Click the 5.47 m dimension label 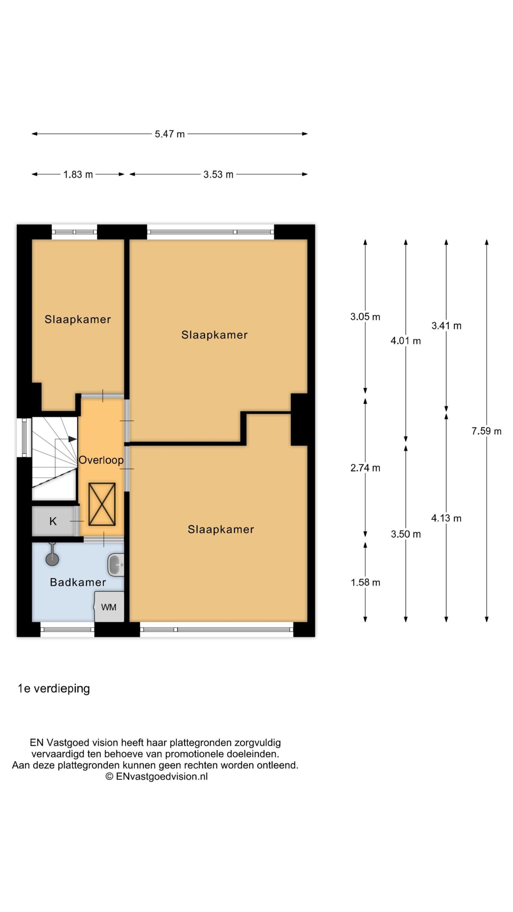pos(170,134)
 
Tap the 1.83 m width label pos(78,175)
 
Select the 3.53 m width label pos(218,175)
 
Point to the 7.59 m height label pos(486,431)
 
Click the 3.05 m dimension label pos(365,317)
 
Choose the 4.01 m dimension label pos(406,341)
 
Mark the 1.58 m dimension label pos(366,582)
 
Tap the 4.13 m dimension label pos(446,518)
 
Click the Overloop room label pos(101,460)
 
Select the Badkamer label pos(78,582)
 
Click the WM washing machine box pos(109,607)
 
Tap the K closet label pos(53,521)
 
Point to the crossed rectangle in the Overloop pos(102,504)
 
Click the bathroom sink pos(116,565)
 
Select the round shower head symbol pos(52,559)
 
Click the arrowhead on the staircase pos(73,439)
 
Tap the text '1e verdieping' pos(54,689)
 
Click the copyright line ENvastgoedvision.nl pos(156,777)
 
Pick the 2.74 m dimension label pos(365,468)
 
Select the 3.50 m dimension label pos(406,534)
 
